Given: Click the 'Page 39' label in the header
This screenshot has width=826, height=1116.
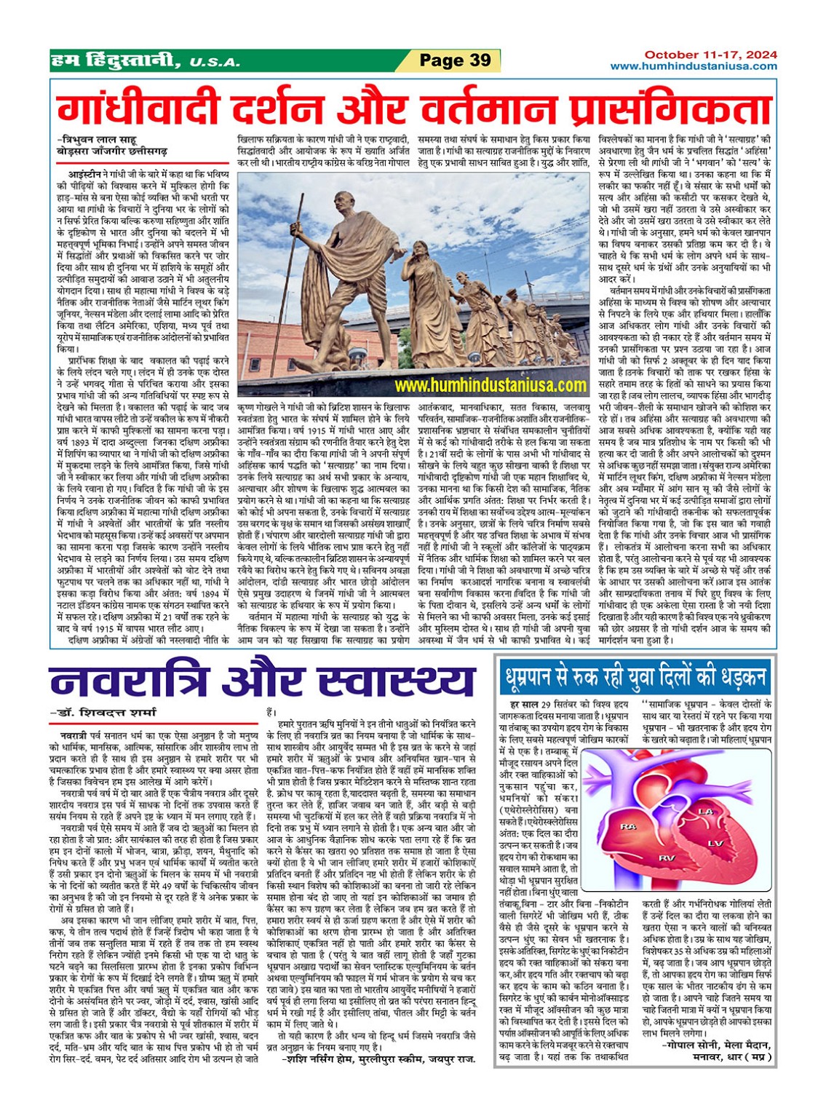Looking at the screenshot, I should click(456, 60).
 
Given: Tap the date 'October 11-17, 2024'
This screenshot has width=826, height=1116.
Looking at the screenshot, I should click(710, 55).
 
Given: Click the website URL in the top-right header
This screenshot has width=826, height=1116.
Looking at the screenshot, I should click(693, 66).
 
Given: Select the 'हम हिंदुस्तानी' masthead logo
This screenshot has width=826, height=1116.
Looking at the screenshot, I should click(115, 61).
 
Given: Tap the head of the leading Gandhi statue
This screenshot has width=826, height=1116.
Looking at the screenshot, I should click(345, 202).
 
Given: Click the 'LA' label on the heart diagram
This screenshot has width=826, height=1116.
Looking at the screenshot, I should click(704, 811).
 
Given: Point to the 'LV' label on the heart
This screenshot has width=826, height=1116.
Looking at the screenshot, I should click(715, 843).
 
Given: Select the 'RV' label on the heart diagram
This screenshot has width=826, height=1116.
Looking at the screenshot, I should click(666, 859).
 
